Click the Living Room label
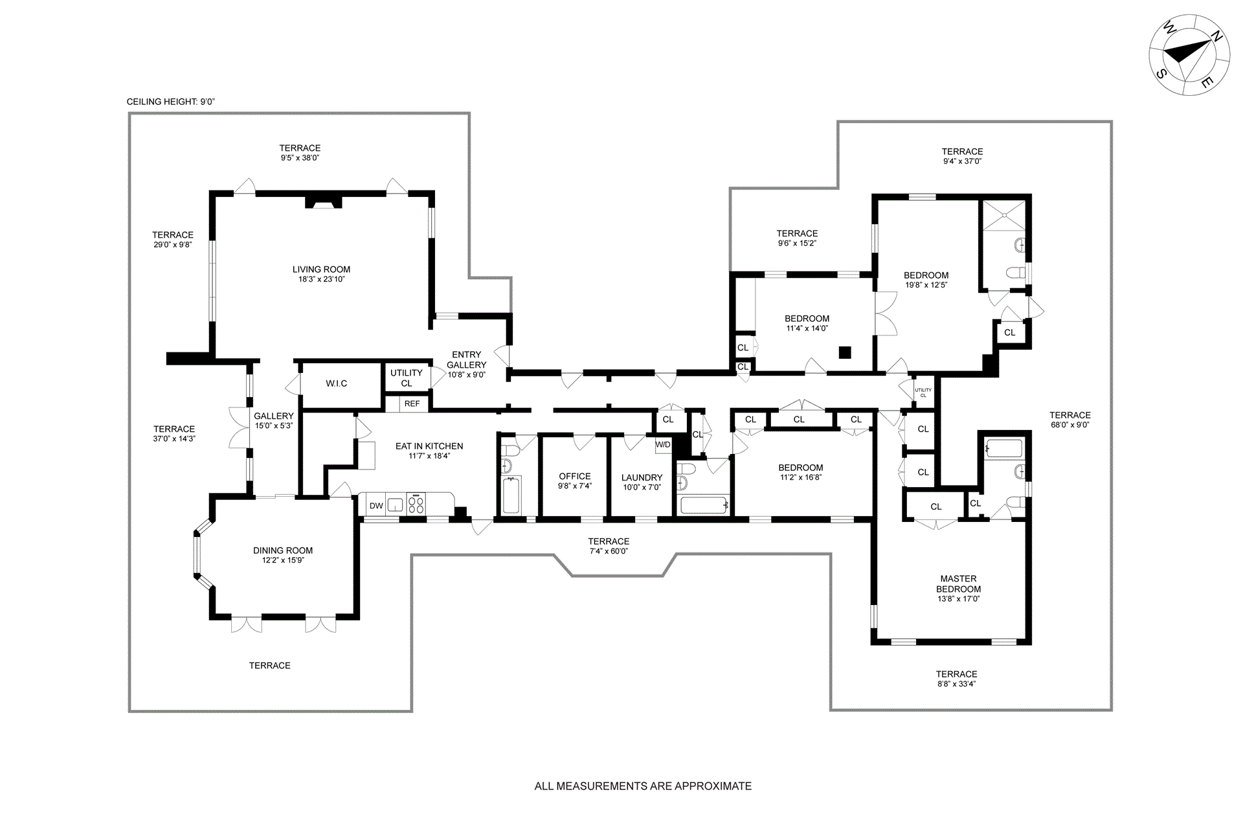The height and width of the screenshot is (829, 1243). point(321,269)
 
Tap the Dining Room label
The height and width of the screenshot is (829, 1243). point(283,551)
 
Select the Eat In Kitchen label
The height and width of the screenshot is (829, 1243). point(429,446)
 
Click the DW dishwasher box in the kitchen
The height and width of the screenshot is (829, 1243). point(376,506)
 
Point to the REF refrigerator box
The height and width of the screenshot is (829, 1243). point(412,403)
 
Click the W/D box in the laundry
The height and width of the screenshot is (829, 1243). point(663,444)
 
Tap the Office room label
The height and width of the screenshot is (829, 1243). point(575,476)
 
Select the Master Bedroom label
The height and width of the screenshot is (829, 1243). point(958,584)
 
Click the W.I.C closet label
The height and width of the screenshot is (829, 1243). point(337,383)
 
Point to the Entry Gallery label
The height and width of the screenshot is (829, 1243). point(466,359)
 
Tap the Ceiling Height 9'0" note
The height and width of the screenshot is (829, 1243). point(171,102)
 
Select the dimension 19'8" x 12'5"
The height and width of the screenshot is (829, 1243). point(926,285)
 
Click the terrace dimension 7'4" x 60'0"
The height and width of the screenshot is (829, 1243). point(609,551)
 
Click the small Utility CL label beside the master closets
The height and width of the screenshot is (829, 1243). point(923,392)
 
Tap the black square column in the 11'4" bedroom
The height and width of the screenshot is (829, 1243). point(844,352)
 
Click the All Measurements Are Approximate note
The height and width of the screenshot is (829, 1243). point(643,786)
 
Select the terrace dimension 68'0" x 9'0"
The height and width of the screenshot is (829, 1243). point(1070,425)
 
